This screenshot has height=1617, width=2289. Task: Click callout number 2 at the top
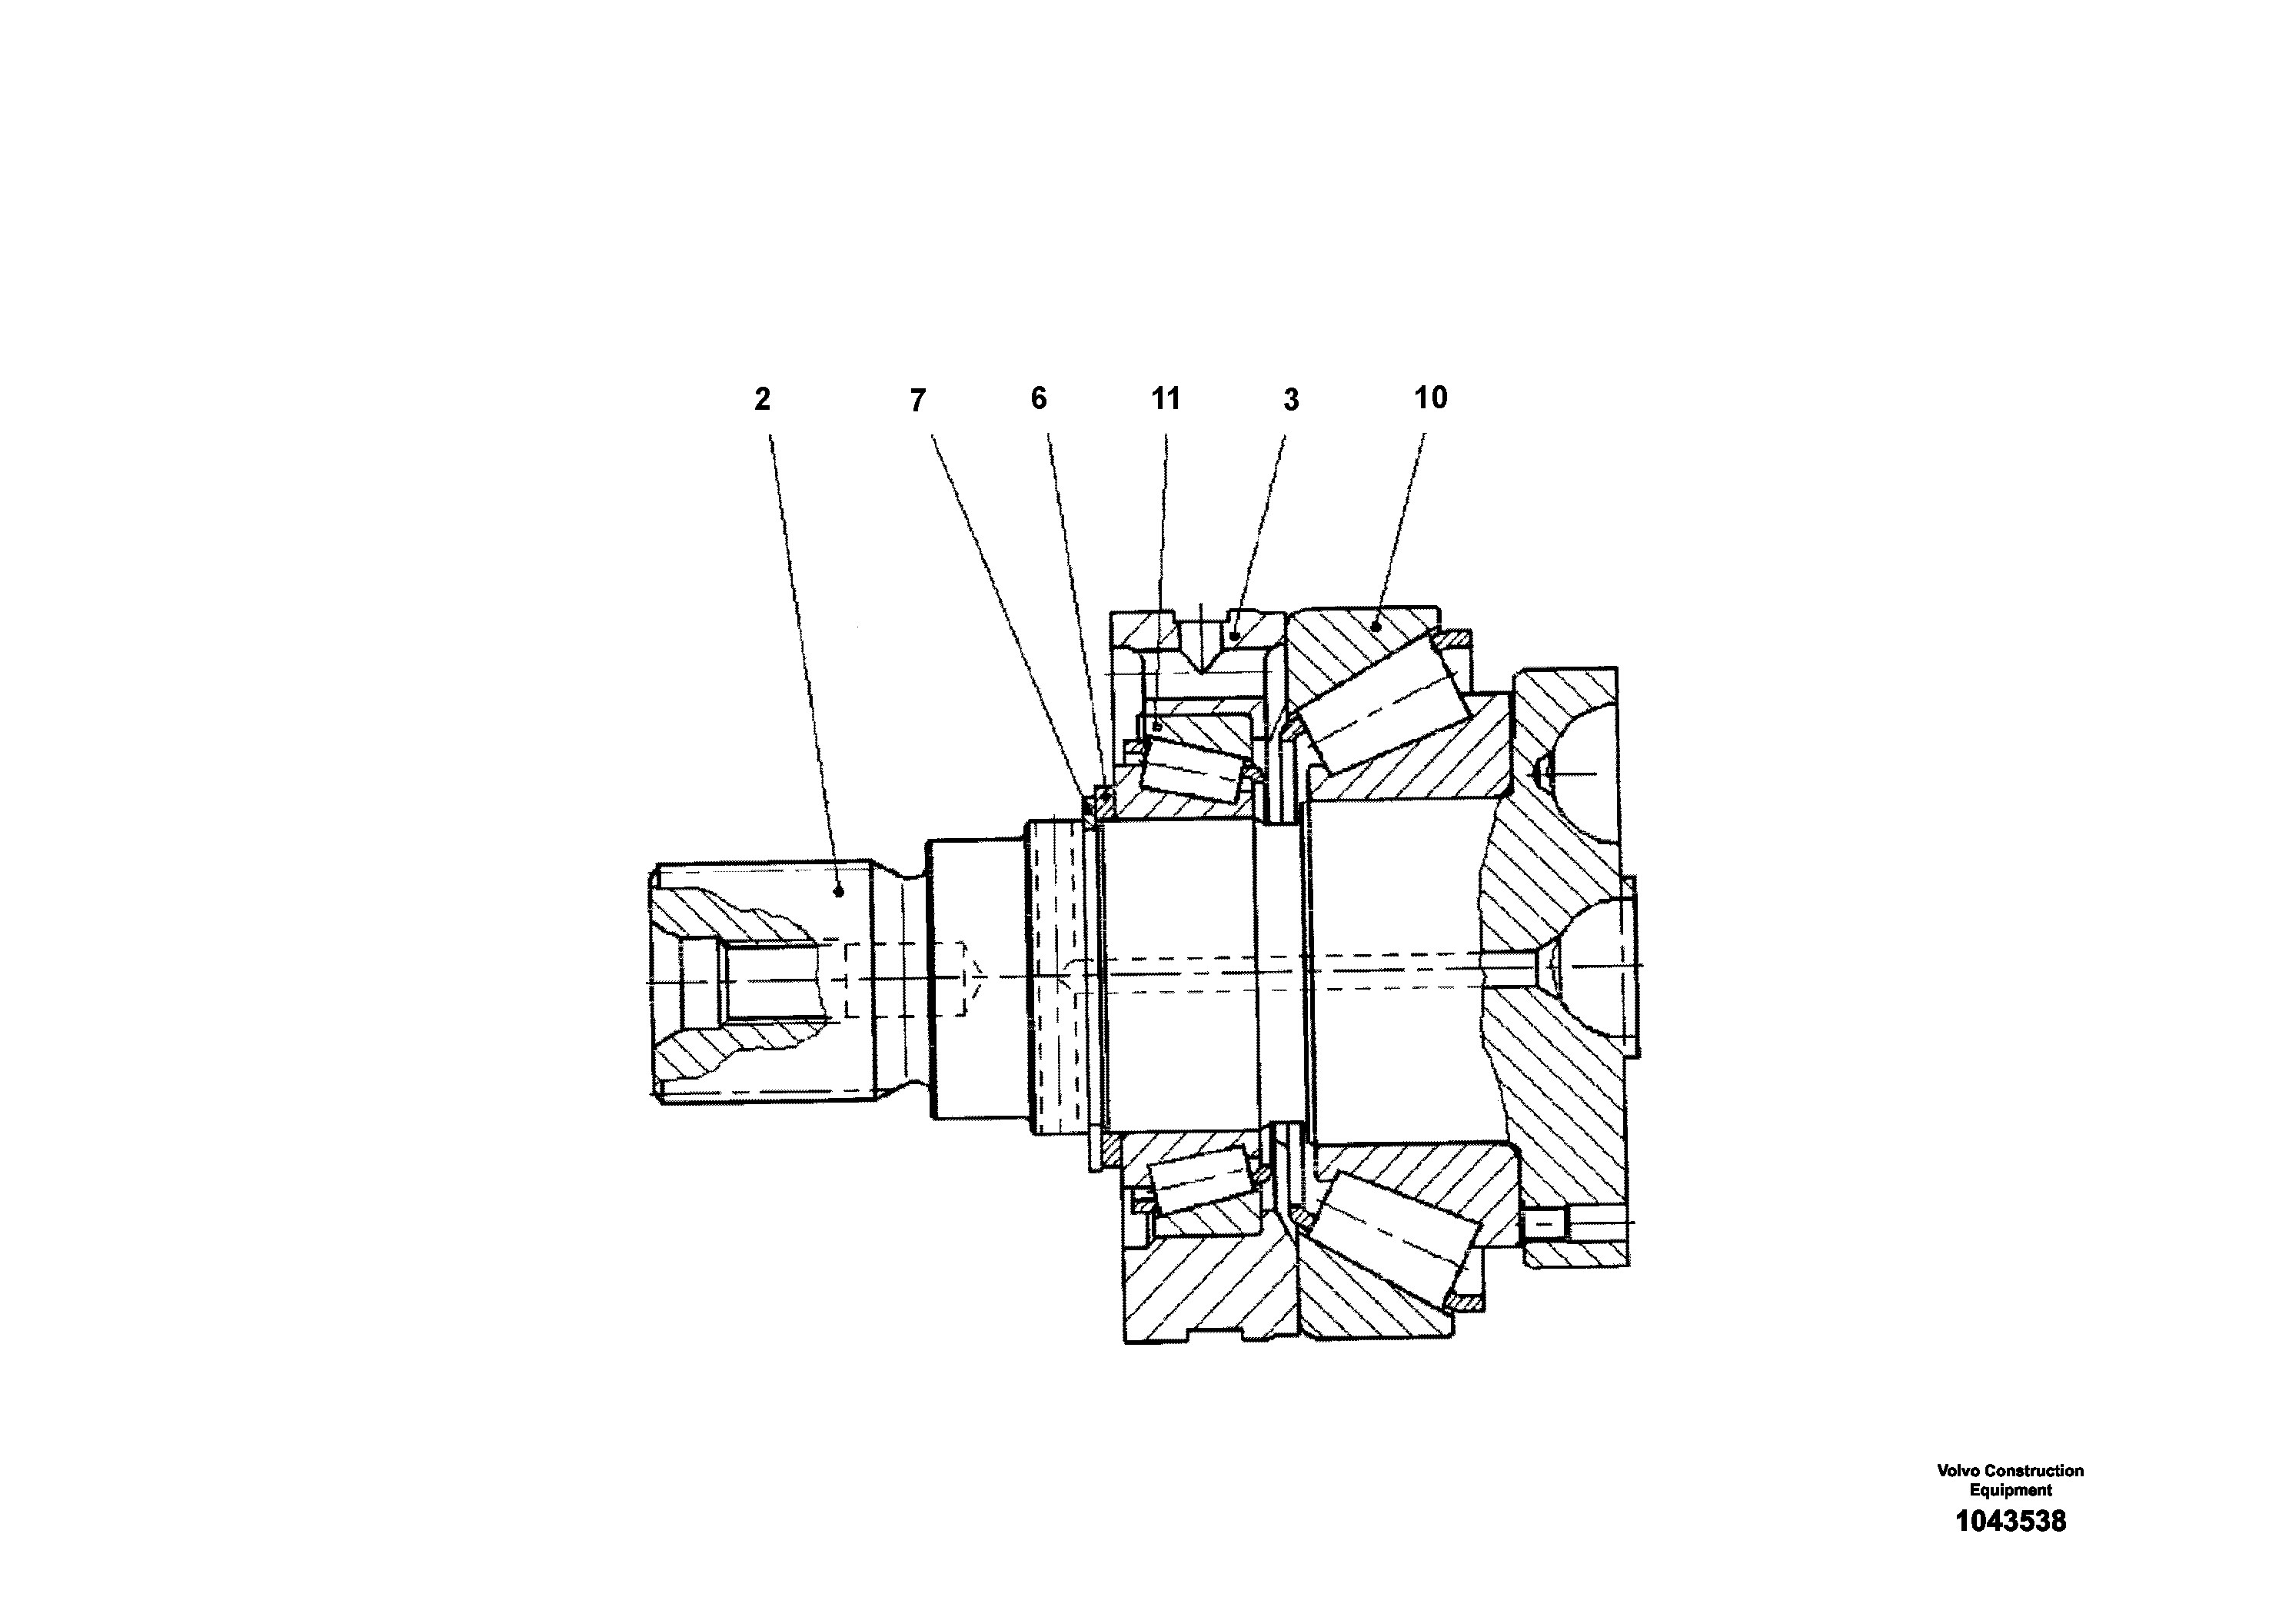click(763, 400)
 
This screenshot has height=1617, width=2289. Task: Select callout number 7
click(918, 401)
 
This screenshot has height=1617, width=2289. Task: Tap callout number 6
click(1039, 399)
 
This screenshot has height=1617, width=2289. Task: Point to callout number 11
click(1166, 399)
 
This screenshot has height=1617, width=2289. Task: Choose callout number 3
click(1291, 400)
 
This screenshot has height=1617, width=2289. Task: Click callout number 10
click(1431, 398)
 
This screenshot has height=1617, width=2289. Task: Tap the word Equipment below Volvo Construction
click(2010, 1490)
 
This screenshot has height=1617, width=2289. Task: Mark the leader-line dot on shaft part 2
click(838, 892)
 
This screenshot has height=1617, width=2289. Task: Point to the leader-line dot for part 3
click(1234, 634)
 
